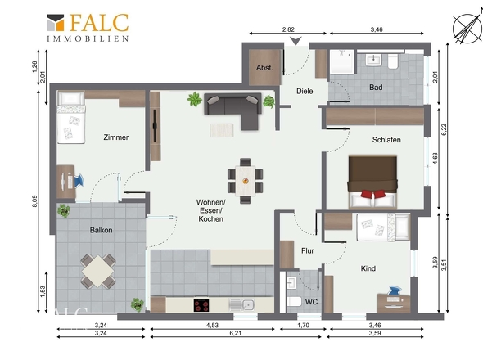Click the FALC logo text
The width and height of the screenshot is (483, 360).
99,22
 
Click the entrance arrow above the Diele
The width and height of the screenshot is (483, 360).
296,41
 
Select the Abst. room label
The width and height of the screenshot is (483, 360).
264,68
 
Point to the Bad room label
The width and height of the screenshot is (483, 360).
376,88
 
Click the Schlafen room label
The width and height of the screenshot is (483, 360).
386,140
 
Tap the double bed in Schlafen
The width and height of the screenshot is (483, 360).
372,182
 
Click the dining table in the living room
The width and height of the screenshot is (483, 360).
246,181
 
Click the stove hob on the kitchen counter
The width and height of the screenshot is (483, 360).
201,305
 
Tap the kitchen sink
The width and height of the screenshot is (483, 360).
241,305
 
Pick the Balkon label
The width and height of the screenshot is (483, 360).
101,230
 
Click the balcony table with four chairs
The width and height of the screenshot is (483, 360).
98,272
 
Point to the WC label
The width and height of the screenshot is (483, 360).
311,302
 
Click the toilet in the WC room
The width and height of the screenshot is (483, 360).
294,301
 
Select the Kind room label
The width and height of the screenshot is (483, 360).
368,268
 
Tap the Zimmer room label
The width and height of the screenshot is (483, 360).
115,137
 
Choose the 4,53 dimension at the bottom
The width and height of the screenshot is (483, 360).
212,325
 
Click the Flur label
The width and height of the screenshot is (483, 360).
308,251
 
